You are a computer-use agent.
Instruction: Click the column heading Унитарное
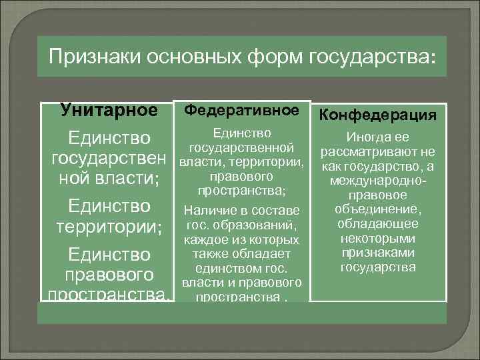coord(109,109)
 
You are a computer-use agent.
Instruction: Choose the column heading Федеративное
coord(241,109)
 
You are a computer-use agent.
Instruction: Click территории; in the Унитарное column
coord(109,227)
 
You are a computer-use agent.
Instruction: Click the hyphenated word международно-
coord(377,180)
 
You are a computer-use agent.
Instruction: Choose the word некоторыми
coord(377,238)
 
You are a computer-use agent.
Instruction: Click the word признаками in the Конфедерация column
coord(377,253)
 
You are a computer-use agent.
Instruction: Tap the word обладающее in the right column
coord(377,223)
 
